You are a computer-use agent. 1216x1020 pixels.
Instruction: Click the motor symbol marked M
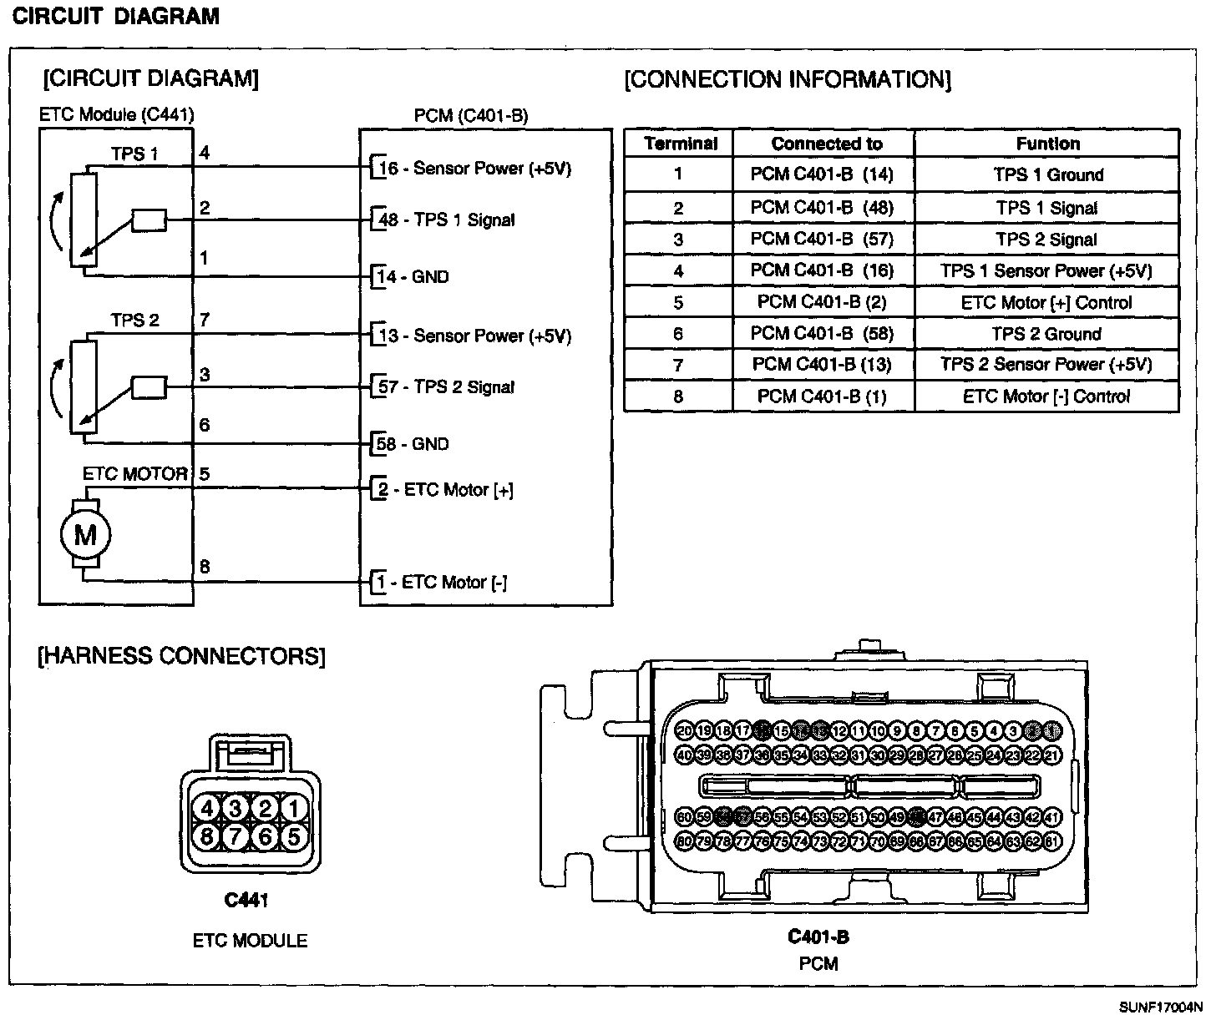[x=85, y=535]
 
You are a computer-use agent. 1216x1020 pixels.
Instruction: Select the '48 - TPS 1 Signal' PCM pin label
[x=446, y=220]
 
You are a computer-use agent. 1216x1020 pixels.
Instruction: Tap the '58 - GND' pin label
[x=413, y=444]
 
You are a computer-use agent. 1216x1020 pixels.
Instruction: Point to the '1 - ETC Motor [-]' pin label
[x=439, y=583]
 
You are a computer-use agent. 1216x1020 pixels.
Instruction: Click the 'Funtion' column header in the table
[x=1047, y=144]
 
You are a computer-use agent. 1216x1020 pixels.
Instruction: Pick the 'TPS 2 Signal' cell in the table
[x=1046, y=240]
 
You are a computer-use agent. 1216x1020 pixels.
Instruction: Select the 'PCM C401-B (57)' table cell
[x=822, y=240]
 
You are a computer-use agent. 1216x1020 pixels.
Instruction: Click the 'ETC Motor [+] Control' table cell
[x=1046, y=302]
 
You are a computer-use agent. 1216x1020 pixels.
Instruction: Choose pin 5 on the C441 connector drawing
[x=293, y=836]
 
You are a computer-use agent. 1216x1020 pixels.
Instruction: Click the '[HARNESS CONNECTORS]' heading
[x=181, y=656]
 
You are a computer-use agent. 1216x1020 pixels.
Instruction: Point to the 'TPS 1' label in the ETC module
[x=134, y=154]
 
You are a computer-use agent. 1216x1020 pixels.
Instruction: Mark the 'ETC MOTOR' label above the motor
[x=134, y=474]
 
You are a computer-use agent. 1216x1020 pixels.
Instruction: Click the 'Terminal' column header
[x=681, y=144]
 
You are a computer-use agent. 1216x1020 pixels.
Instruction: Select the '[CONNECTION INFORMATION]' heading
[x=788, y=80]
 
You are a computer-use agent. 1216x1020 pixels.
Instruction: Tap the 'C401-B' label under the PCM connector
[x=818, y=937]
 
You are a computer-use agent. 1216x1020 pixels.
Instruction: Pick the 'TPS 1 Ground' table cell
[x=1047, y=175]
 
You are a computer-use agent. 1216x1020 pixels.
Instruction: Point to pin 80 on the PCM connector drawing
[x=684, y=841]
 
